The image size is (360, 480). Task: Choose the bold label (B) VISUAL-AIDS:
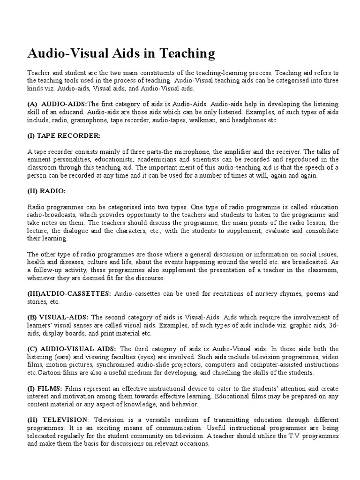58,317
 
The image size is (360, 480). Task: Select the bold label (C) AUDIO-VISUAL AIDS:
72,349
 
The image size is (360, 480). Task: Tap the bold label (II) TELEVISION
57,420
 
